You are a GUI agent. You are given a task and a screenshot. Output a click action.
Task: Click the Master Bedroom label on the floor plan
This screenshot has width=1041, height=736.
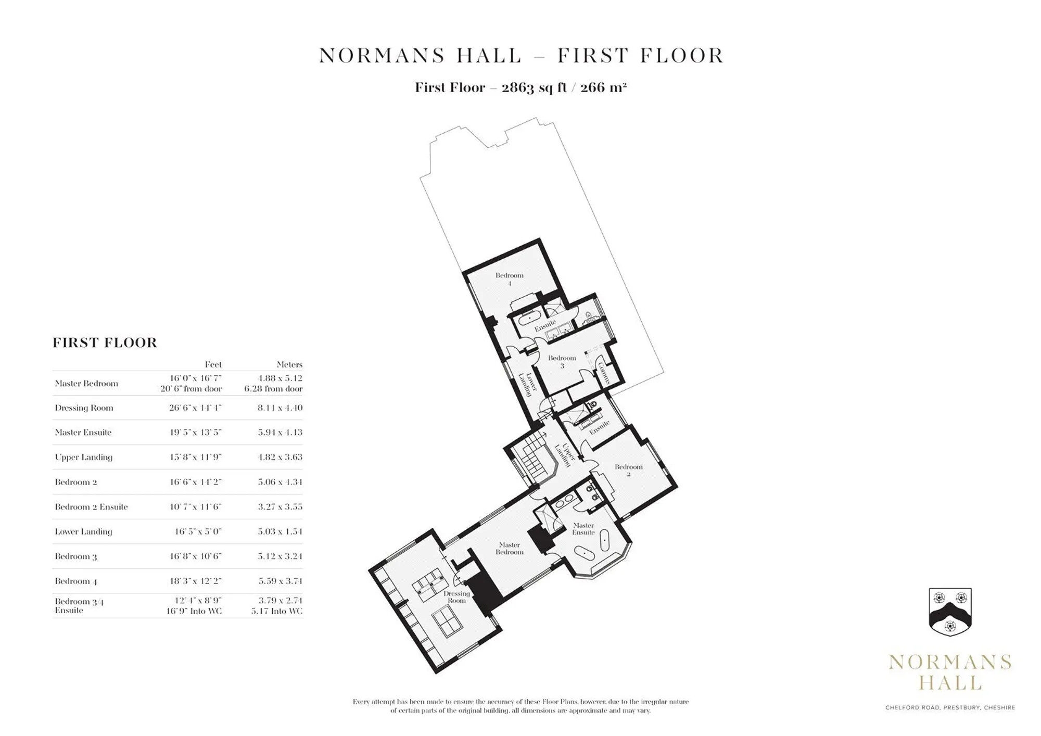509,549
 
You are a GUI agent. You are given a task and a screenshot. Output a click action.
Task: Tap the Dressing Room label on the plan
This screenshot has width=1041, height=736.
456,597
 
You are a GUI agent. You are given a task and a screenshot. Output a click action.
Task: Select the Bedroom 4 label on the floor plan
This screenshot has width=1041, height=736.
509,279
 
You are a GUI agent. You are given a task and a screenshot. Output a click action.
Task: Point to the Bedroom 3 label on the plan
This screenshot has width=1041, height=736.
562,362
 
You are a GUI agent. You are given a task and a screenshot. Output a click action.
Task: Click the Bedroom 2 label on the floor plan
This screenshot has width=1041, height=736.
628,471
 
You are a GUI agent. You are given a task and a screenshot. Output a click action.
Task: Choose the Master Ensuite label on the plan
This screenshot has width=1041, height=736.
583,529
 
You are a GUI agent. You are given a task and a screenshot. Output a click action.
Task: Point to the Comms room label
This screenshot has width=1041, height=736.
604,373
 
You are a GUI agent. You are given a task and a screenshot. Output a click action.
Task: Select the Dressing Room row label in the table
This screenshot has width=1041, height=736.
84,408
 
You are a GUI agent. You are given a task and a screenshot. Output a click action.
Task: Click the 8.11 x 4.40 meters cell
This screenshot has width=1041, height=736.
280,408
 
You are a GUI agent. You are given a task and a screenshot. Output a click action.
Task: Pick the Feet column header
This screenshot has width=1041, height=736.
213,364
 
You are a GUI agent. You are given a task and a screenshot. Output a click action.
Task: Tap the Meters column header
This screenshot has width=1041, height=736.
289,364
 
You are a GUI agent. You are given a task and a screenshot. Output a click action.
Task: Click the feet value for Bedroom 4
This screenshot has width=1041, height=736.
195,581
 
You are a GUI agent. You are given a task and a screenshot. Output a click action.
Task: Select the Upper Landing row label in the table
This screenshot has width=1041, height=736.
83,457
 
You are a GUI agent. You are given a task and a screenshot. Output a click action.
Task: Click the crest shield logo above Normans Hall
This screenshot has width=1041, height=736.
950,612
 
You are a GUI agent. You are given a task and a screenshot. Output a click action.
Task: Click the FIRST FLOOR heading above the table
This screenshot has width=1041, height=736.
105,342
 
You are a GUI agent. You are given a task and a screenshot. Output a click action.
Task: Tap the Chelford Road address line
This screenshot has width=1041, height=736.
950,707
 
